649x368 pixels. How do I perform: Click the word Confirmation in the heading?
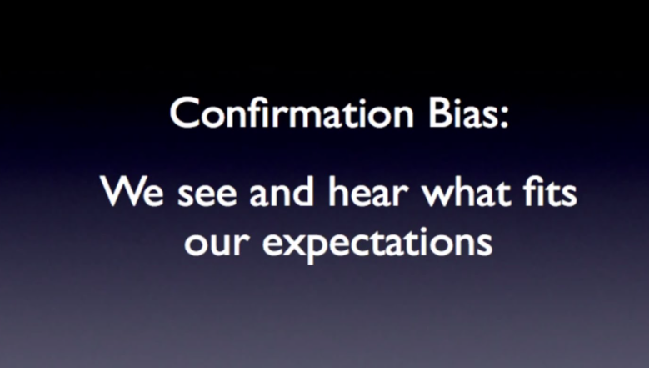pos(292,112)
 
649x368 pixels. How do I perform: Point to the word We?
pos(132,191)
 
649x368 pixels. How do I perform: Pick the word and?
pos(282,190)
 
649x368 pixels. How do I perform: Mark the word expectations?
pos(377,244)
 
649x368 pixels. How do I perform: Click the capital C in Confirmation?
pos(184,113)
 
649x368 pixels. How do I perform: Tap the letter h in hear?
pos(339,190)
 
